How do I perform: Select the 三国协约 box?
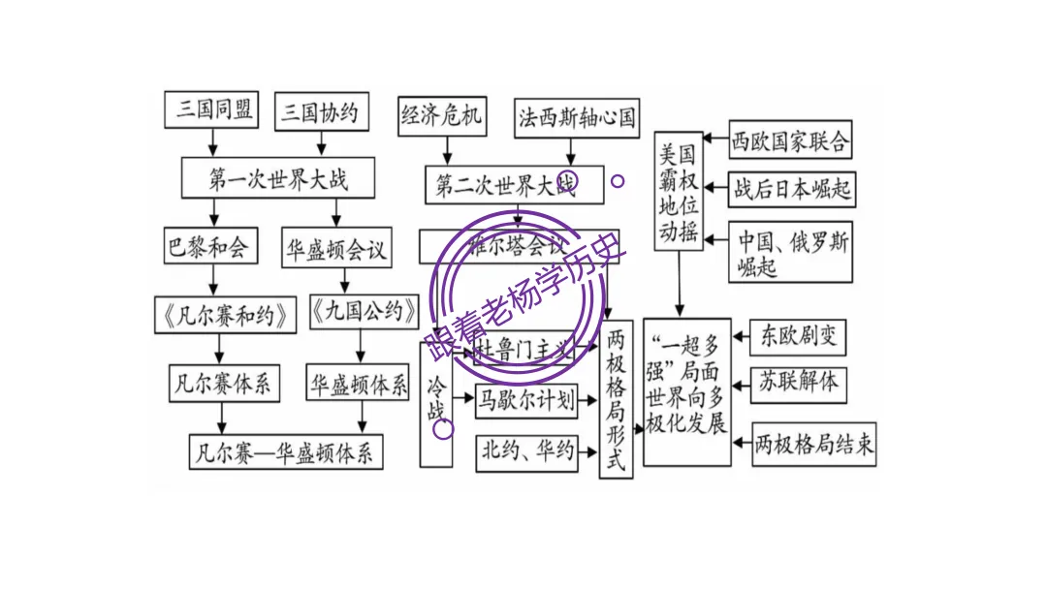click(320, 113)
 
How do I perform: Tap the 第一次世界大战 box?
click(278, 179)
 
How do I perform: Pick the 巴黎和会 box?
click(206, 246)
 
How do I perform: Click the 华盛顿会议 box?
click(336, 250)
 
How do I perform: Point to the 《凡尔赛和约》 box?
click(225, 314)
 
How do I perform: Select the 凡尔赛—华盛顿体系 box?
click(286, 452)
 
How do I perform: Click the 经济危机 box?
click(441, 116)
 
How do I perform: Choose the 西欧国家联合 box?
click(790, 141)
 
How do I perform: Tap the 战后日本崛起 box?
click(792, 189)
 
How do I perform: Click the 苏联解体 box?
click(798, 382)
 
